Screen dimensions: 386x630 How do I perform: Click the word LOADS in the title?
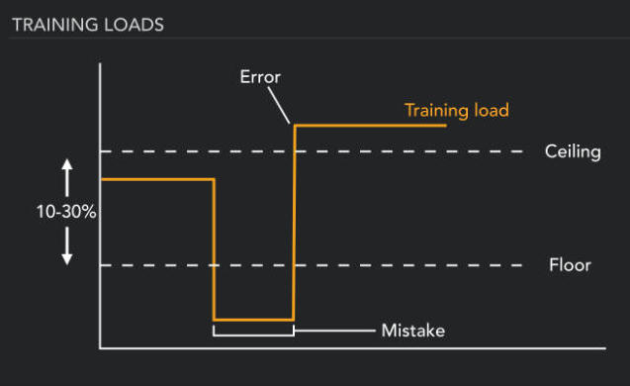[x=135, y=25]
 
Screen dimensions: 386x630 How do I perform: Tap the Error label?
[x=261, y=75]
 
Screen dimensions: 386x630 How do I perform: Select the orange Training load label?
[x=456, y=110]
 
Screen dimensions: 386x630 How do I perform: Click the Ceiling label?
[x=573, y=151]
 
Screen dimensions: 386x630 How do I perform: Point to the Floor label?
[x=570, y=265]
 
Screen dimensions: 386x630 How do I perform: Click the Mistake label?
[x=413, y=330]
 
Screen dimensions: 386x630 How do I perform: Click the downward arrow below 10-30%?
[x=67, y=247]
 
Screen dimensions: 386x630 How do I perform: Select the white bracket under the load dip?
[x=253, y=331]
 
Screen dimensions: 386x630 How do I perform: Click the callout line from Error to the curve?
[x=279, y=105]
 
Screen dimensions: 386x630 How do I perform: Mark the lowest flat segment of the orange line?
[x=254, y=320]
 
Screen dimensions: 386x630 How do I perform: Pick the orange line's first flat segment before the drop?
[x=158, y=179]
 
